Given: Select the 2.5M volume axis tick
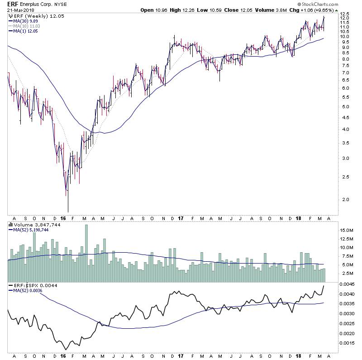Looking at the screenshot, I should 346,273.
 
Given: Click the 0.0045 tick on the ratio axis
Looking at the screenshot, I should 347,284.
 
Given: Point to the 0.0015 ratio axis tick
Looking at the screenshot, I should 347,343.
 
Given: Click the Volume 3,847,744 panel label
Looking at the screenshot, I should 32,224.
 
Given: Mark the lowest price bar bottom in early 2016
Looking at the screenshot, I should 68,211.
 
